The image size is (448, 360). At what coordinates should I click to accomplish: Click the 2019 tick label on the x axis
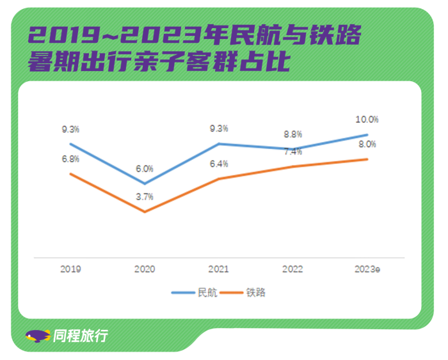coord(70,270)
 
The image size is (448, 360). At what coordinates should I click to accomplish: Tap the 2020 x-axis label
coord(145,270)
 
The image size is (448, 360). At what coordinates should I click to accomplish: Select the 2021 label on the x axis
coord(219,270)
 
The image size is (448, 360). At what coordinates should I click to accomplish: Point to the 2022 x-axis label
coord(292,270)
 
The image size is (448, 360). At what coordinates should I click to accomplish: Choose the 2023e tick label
coord(367,270)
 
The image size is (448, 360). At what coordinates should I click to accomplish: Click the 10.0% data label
coord(367,120)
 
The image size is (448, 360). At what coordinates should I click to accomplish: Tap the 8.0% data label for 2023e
coord(367,145)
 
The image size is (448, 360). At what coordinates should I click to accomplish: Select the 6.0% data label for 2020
coord(145,169)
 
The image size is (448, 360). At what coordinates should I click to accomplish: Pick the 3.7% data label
coord(145,197)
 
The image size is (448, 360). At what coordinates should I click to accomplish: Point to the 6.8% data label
coord(70,159)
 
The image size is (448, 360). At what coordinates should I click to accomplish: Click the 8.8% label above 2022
coord(292,134)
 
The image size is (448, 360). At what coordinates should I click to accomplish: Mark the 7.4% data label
coord(292,152)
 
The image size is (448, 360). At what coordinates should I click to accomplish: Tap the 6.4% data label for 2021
coord(219,164)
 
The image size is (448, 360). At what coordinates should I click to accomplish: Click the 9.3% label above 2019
coord(70,129)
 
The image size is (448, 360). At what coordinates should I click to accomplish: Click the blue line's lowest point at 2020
coord(145,184)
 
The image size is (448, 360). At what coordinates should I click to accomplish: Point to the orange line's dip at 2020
coord(145,212)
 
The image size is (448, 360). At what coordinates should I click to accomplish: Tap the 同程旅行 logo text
coord(81,335)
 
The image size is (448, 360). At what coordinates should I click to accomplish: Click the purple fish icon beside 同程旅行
coord(38,336)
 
